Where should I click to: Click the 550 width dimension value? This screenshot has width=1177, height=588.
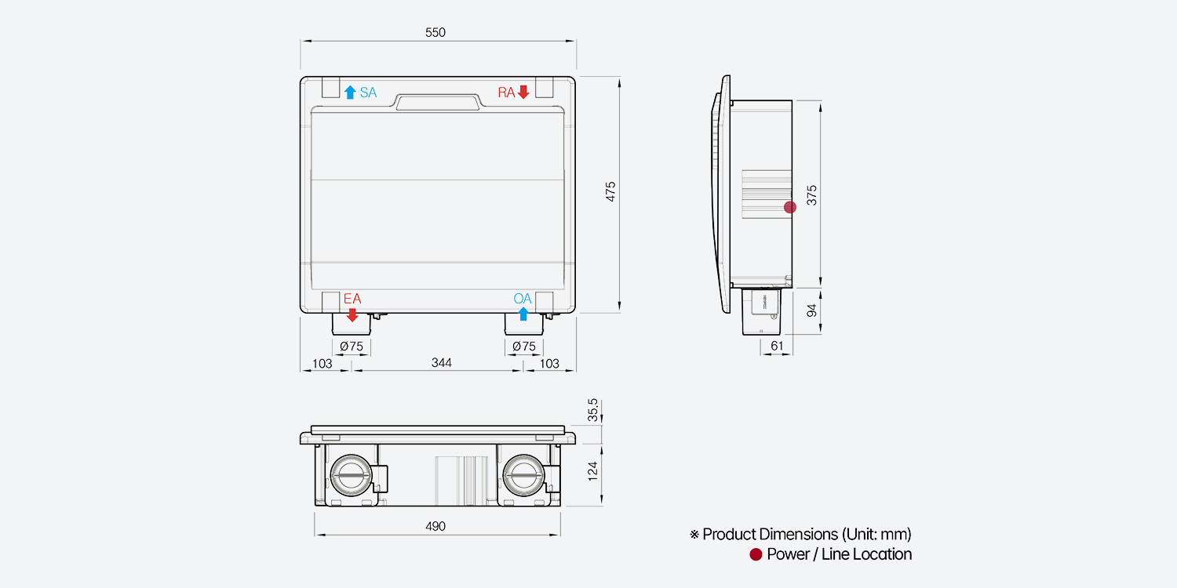(435, 32)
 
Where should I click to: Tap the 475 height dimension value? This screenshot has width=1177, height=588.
(610, 193)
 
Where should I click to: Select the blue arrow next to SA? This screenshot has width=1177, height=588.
(350, 93)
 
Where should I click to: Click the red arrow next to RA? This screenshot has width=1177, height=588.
(523, 93)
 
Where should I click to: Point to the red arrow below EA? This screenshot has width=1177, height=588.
(352, 314)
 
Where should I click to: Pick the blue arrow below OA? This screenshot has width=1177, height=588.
(523, 314)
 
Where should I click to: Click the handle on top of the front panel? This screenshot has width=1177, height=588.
(439, 103)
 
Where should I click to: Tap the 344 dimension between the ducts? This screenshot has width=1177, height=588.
(441, 363)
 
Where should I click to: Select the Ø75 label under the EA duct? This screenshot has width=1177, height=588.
(351, 346)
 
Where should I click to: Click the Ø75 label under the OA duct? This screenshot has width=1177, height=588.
(523, 346)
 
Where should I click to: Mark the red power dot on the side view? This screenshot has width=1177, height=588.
(790, 207)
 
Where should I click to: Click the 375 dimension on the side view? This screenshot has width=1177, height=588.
(812, 195)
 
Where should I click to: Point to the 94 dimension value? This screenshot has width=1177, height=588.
(812, 310)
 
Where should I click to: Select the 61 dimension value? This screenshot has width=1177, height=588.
(777, 346)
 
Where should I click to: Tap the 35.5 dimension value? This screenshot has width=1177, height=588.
(593, 410)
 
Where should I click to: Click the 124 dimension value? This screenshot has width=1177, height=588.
(593, 470)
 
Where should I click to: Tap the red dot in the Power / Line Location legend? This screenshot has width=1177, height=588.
(756, 554)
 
